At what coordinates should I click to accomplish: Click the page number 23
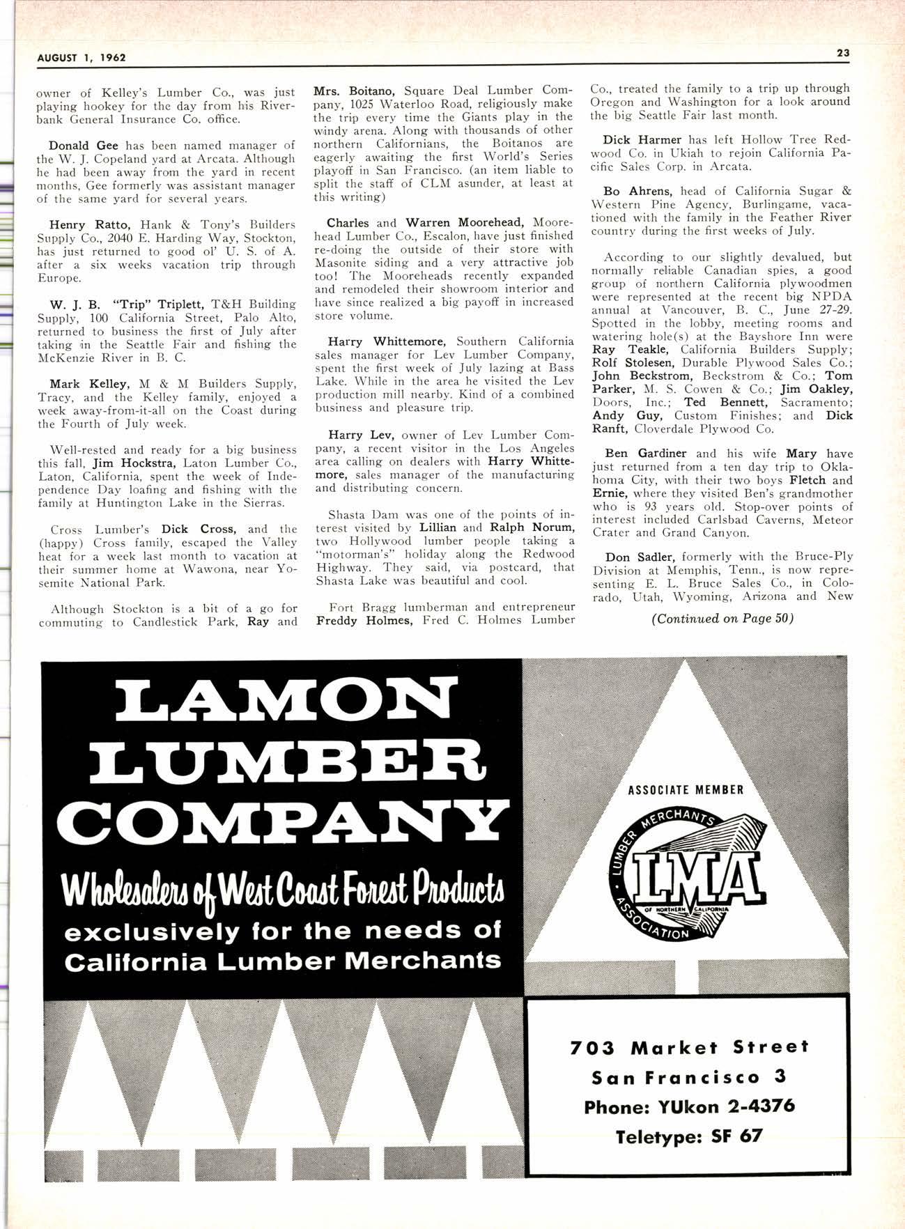(842, 53)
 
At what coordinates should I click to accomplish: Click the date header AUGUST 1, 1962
(82, 58)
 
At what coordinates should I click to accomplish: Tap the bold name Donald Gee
(82, 146)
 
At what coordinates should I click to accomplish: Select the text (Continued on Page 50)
(722, 618)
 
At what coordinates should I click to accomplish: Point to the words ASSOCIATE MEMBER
(686, 790)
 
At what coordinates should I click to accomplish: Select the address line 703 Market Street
(689, 1047)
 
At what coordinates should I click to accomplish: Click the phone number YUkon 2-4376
(689, 1106)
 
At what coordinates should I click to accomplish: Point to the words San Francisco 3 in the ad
(689, 1077)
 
